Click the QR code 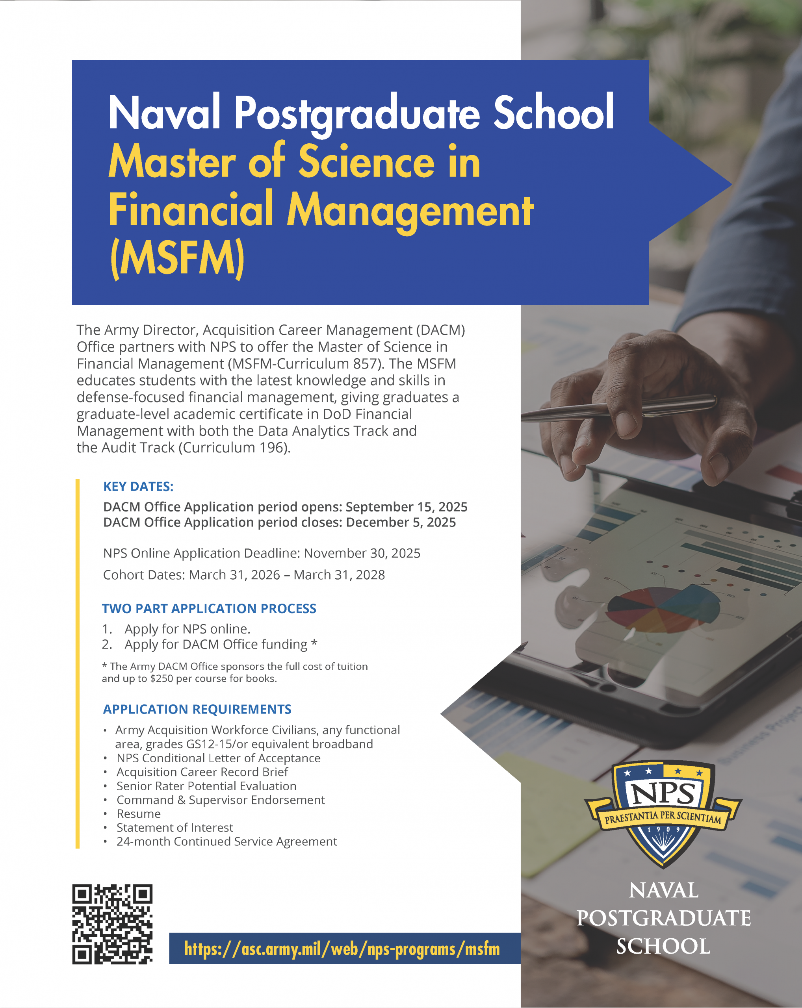[112, 924]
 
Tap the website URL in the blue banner [342, 949]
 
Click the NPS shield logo [663, 813]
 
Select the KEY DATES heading [138, 487]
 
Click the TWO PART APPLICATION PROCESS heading [209, 609]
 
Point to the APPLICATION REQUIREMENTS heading [197, 709]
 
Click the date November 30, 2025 [362, 553]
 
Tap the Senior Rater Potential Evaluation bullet [206, 786]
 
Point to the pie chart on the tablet [663, 608]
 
